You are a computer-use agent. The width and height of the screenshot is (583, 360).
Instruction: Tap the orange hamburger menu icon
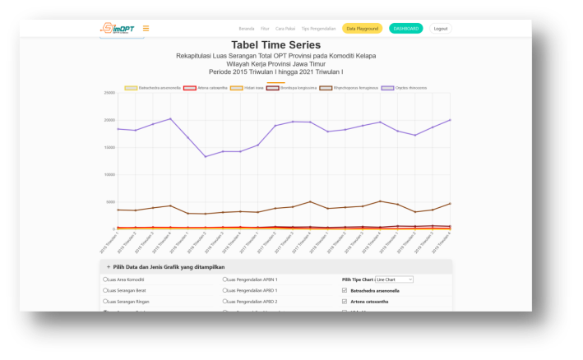146,28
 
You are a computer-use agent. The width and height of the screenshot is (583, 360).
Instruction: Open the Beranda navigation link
246,29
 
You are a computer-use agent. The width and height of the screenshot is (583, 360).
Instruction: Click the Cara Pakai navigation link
285,29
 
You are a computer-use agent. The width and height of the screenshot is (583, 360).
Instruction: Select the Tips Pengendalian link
317,29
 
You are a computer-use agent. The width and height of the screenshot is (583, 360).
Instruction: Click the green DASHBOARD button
405,29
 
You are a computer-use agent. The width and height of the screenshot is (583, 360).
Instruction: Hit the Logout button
441,29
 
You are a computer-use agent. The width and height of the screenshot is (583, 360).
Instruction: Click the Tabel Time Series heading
275,45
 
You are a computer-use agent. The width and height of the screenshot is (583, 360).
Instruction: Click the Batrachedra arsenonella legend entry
151,87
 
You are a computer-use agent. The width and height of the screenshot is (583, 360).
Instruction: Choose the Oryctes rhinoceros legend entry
403,87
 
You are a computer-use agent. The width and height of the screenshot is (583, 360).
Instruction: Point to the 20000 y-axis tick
109,120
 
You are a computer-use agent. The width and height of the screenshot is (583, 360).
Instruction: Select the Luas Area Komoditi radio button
104,279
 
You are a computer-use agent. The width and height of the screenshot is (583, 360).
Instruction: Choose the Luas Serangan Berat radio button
104,290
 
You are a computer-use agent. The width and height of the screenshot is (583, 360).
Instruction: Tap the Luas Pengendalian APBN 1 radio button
224,279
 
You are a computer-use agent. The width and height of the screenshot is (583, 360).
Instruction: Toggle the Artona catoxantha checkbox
345,301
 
